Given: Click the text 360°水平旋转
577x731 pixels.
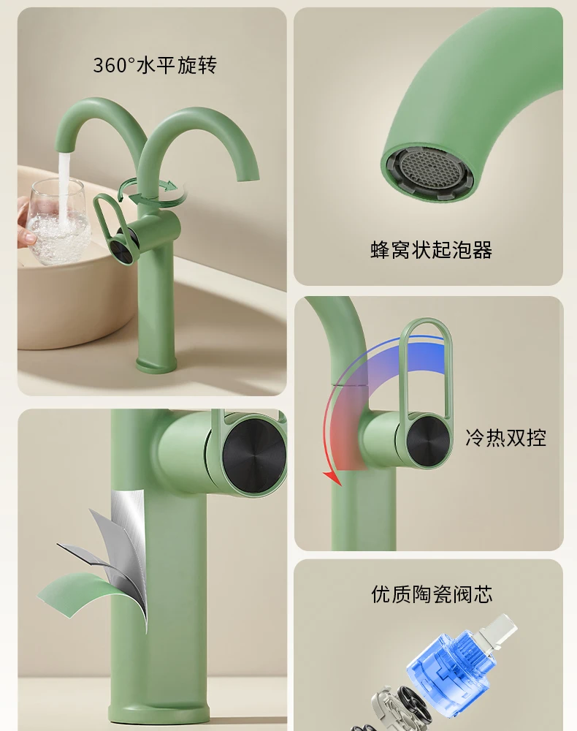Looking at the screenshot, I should pos(154,65).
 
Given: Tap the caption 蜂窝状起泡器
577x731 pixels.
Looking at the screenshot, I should pos(431,250).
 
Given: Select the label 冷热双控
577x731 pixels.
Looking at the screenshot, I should pos(505,437).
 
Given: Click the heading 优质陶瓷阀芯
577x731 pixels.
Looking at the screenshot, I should pos(432,594).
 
